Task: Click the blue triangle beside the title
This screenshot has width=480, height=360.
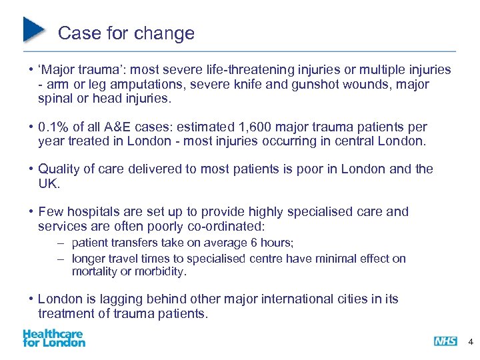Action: [x=33, y=30]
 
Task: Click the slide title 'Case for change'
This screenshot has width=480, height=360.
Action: [x=126, y=33]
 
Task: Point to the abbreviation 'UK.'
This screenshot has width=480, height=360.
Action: [x=48, y=183]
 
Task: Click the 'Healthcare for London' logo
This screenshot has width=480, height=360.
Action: [x=54, y=338]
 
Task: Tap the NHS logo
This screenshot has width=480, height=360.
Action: [x=445, y=341]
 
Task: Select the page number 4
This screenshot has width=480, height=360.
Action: [x=471, y=341]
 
